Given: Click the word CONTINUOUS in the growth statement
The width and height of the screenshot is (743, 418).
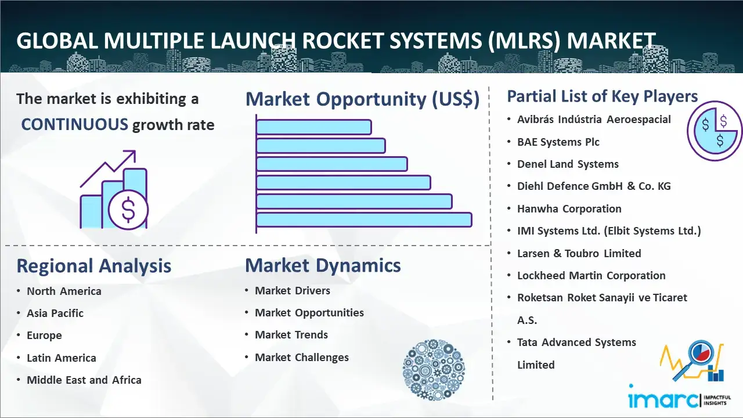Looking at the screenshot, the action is [x=75, y=125].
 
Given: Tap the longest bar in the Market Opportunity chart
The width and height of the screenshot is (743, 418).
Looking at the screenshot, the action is [x=364, y=220].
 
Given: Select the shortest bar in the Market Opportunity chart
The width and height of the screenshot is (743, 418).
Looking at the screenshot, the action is [x=314, y=127].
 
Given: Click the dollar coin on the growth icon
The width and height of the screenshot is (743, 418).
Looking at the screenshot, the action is [x=128, y=210].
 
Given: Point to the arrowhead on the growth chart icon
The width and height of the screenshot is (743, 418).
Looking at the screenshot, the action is [x=131, y=155].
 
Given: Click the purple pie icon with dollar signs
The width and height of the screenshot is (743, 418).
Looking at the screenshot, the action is [x=715, y=131].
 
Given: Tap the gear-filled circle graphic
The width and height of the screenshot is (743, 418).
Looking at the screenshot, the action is [x=434, y=369].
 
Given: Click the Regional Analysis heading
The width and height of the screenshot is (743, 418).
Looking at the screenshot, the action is [x=94, y=266].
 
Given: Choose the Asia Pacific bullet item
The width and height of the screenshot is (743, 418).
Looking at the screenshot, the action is [x=55, y=313].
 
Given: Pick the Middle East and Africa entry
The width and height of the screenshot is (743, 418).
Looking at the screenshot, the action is [x=84, y=380].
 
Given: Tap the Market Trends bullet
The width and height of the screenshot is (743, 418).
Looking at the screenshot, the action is [x=291, y=335].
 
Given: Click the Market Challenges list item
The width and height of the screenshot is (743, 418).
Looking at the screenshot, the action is [x=302, y=357].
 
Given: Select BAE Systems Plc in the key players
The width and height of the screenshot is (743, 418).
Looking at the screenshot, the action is [x=558, y=142].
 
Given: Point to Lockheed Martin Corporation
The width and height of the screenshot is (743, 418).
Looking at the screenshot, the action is [x=591, y=275].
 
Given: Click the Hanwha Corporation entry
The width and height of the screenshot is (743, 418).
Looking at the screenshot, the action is [x=569, y=208].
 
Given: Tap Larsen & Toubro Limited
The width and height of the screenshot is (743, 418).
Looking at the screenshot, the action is [x=579, y=254].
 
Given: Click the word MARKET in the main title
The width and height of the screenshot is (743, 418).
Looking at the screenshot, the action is [x=611, y=41].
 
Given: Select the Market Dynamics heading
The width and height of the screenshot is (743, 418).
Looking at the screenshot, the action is [x=323, y=265].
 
